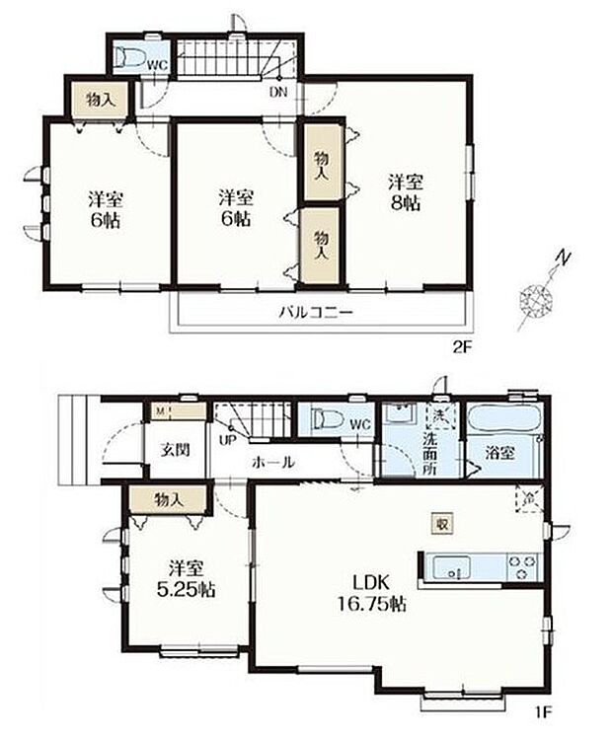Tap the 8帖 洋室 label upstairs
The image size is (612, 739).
[x=405, y=192]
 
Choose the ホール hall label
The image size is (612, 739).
[x=271, y=462]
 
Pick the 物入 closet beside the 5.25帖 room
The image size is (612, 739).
[x=170, y=500]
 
